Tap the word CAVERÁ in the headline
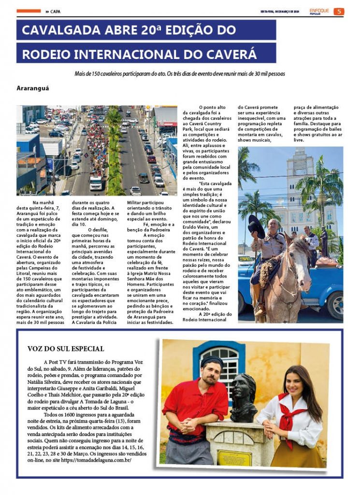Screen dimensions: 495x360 232,53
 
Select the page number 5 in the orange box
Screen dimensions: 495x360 339,12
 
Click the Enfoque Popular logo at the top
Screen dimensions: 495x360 319,11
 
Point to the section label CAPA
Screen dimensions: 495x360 55,12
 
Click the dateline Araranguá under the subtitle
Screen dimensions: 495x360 33,88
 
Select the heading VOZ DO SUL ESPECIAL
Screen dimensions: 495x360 66,349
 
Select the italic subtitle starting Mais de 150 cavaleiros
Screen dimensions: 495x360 180,74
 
